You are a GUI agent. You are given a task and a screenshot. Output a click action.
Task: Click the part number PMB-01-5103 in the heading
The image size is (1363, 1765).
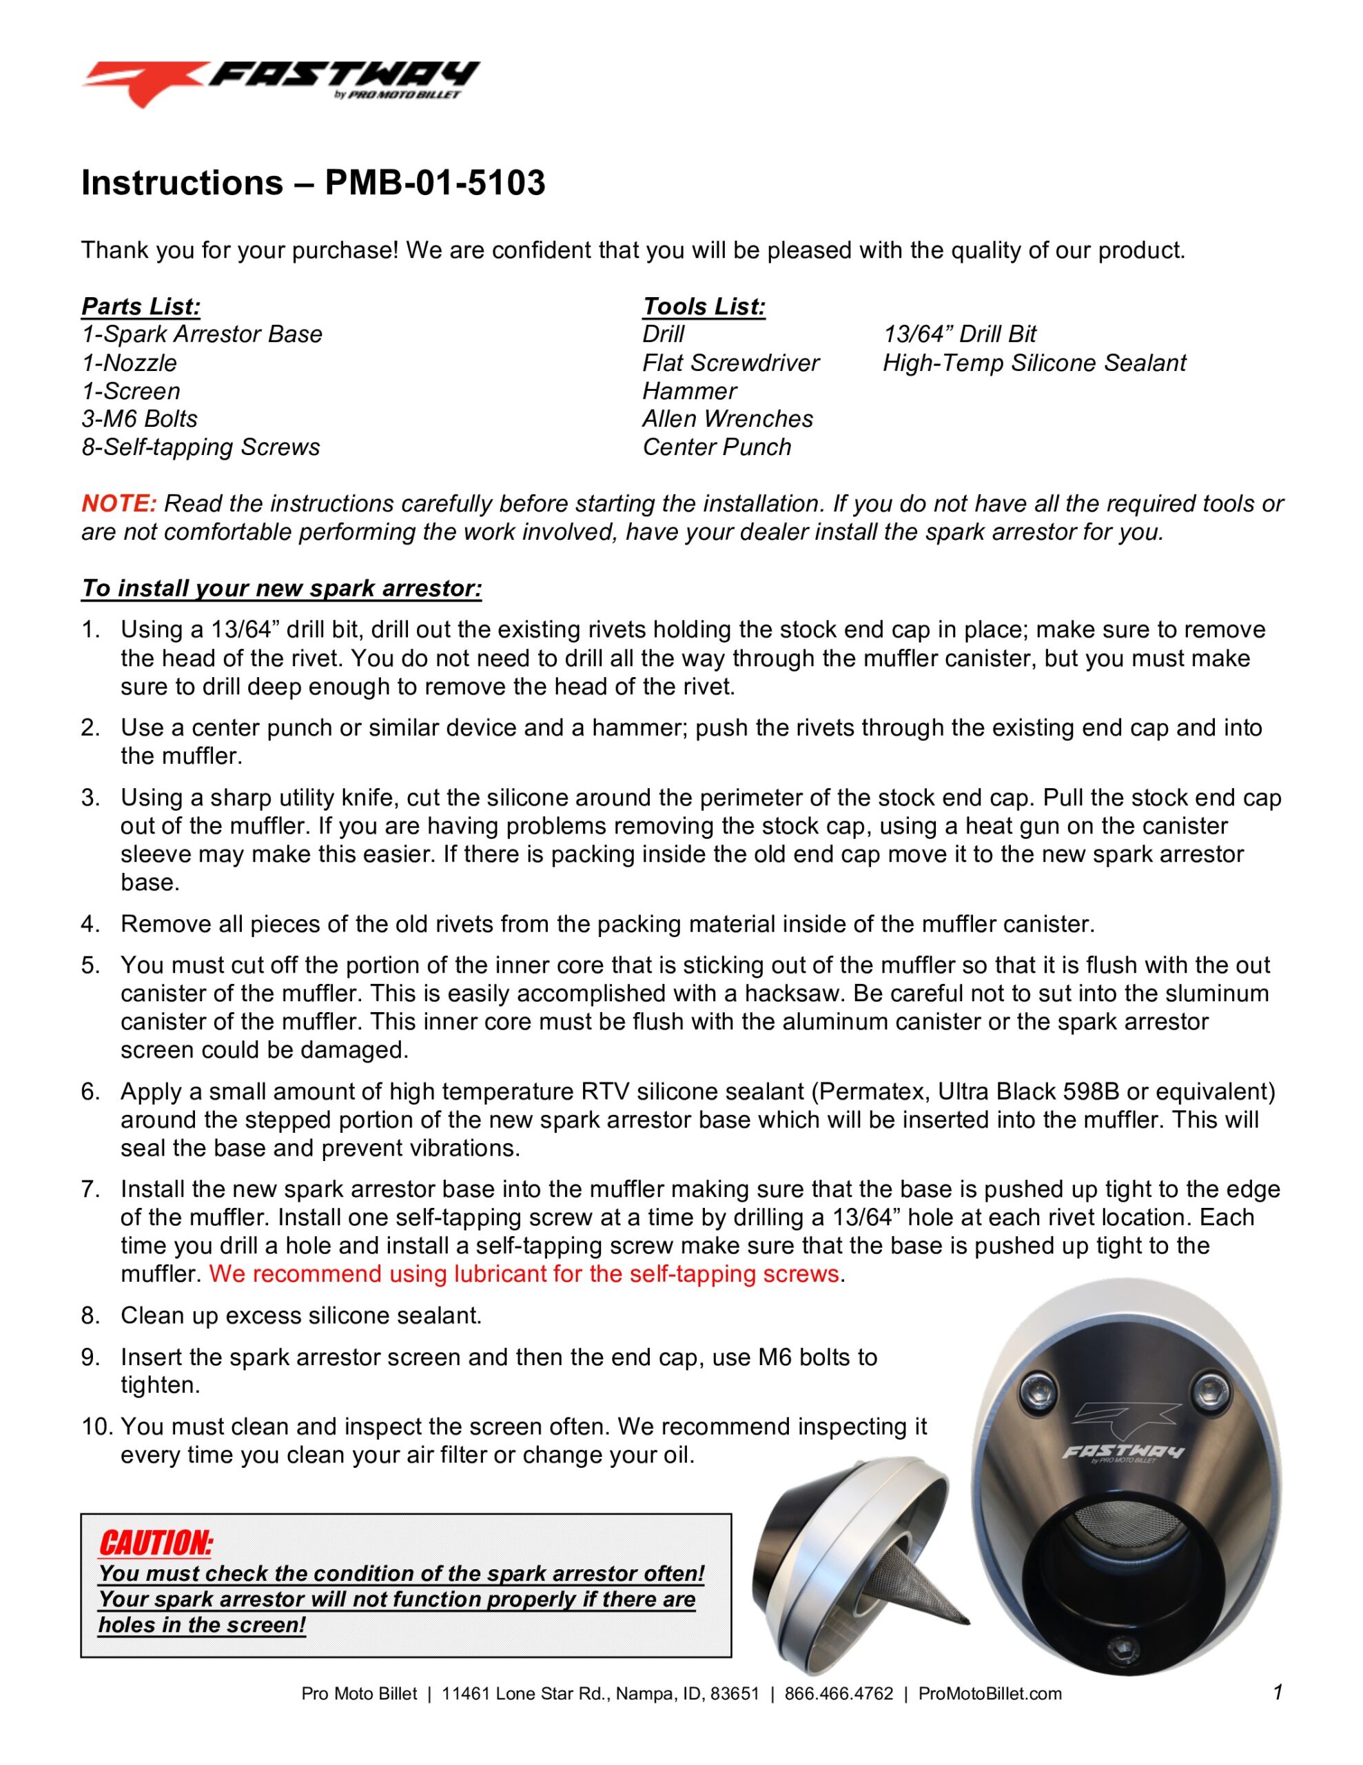[x=435, y=183]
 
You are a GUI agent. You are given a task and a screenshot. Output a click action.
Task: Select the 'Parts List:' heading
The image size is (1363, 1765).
[x=141, y=306]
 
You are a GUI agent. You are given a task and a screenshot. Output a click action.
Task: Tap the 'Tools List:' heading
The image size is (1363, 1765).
[x=703, y=306]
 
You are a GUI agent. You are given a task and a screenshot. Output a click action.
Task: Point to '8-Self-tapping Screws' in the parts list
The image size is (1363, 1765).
[x=201, y=447]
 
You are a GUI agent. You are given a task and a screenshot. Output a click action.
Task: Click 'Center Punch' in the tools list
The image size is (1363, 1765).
[x=716, y=447]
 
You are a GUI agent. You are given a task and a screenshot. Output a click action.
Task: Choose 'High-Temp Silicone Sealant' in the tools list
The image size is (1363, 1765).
[x=1034, y=363]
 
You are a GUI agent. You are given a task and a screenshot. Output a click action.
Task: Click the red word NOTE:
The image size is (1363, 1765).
[x=119, y=503]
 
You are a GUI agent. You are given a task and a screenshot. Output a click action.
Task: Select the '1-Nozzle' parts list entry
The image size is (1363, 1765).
[x=130, y=363]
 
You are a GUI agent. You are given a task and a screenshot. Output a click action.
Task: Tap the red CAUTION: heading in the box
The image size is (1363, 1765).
[x=156, y=1543]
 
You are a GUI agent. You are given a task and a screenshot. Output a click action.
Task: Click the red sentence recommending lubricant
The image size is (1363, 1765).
[x=524, y=1274]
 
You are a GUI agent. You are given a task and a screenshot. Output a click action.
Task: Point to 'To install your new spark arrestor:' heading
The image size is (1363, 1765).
[x=281, y=588]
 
